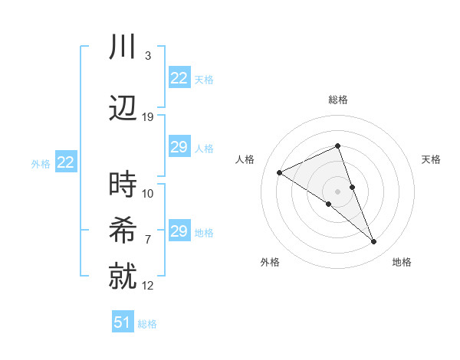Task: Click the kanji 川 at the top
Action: click(123, 47)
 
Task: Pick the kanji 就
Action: click(123, 275)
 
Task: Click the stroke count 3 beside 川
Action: click(148, 56)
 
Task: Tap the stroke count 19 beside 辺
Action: click(148, 116)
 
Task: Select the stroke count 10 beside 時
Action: click(148, 193)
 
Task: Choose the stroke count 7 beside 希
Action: click(148, 239)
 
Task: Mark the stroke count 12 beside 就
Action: click(148, 285)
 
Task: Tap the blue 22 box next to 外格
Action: click(66, 162)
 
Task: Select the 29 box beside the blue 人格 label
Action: click(179, 147)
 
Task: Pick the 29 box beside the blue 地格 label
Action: click(179, 231)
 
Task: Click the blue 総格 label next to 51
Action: click(147, 324)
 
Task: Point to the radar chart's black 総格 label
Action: click(337, 100)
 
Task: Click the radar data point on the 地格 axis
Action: click(374, 242)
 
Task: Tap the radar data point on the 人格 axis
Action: click(280, 173)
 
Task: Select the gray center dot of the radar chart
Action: click(337, 191)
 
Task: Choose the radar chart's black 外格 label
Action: click(270, 263)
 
